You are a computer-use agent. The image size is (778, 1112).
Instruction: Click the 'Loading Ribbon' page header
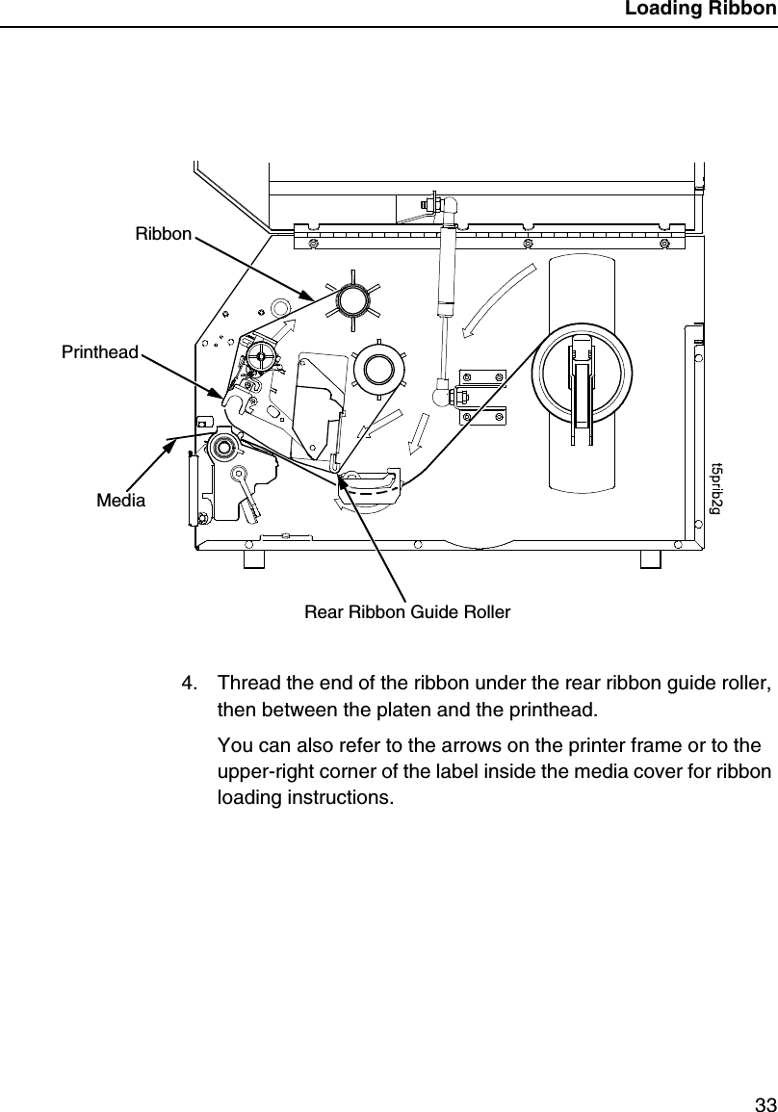point(699,11)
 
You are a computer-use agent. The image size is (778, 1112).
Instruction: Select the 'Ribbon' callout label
point(163,234)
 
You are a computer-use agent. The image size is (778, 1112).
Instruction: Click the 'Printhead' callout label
point(100,352)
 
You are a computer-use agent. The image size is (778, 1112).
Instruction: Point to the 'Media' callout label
point(120,501)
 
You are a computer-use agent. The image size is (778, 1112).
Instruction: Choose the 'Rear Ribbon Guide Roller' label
point(407,611)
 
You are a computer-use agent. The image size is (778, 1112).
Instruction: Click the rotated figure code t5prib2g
point(715,488)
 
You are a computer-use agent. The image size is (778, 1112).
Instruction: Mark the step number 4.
point(190,684)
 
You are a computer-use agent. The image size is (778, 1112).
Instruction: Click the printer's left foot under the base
point(253,559)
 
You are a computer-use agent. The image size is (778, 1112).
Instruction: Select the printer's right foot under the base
point(650,559)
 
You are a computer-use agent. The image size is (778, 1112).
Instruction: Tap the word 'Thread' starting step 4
point(246,684)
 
